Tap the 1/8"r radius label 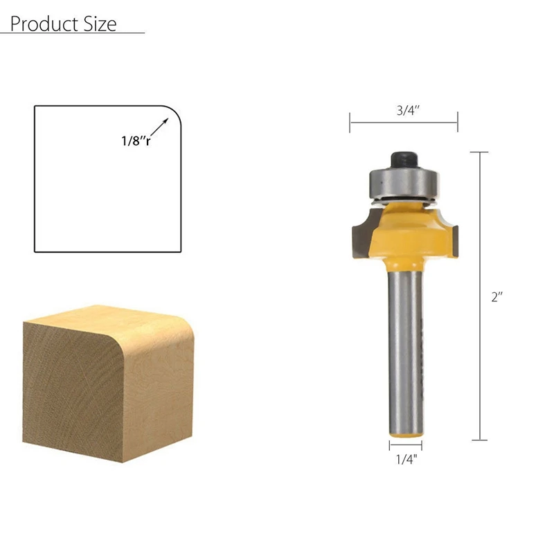click(x=136, y=140)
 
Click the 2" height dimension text click(x=497, y=296)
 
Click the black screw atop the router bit click(x=403, y=159)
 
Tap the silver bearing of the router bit click(x=402, y=181)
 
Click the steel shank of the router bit click(x=404, y=346)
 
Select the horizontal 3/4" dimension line click(x=404, y=124)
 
